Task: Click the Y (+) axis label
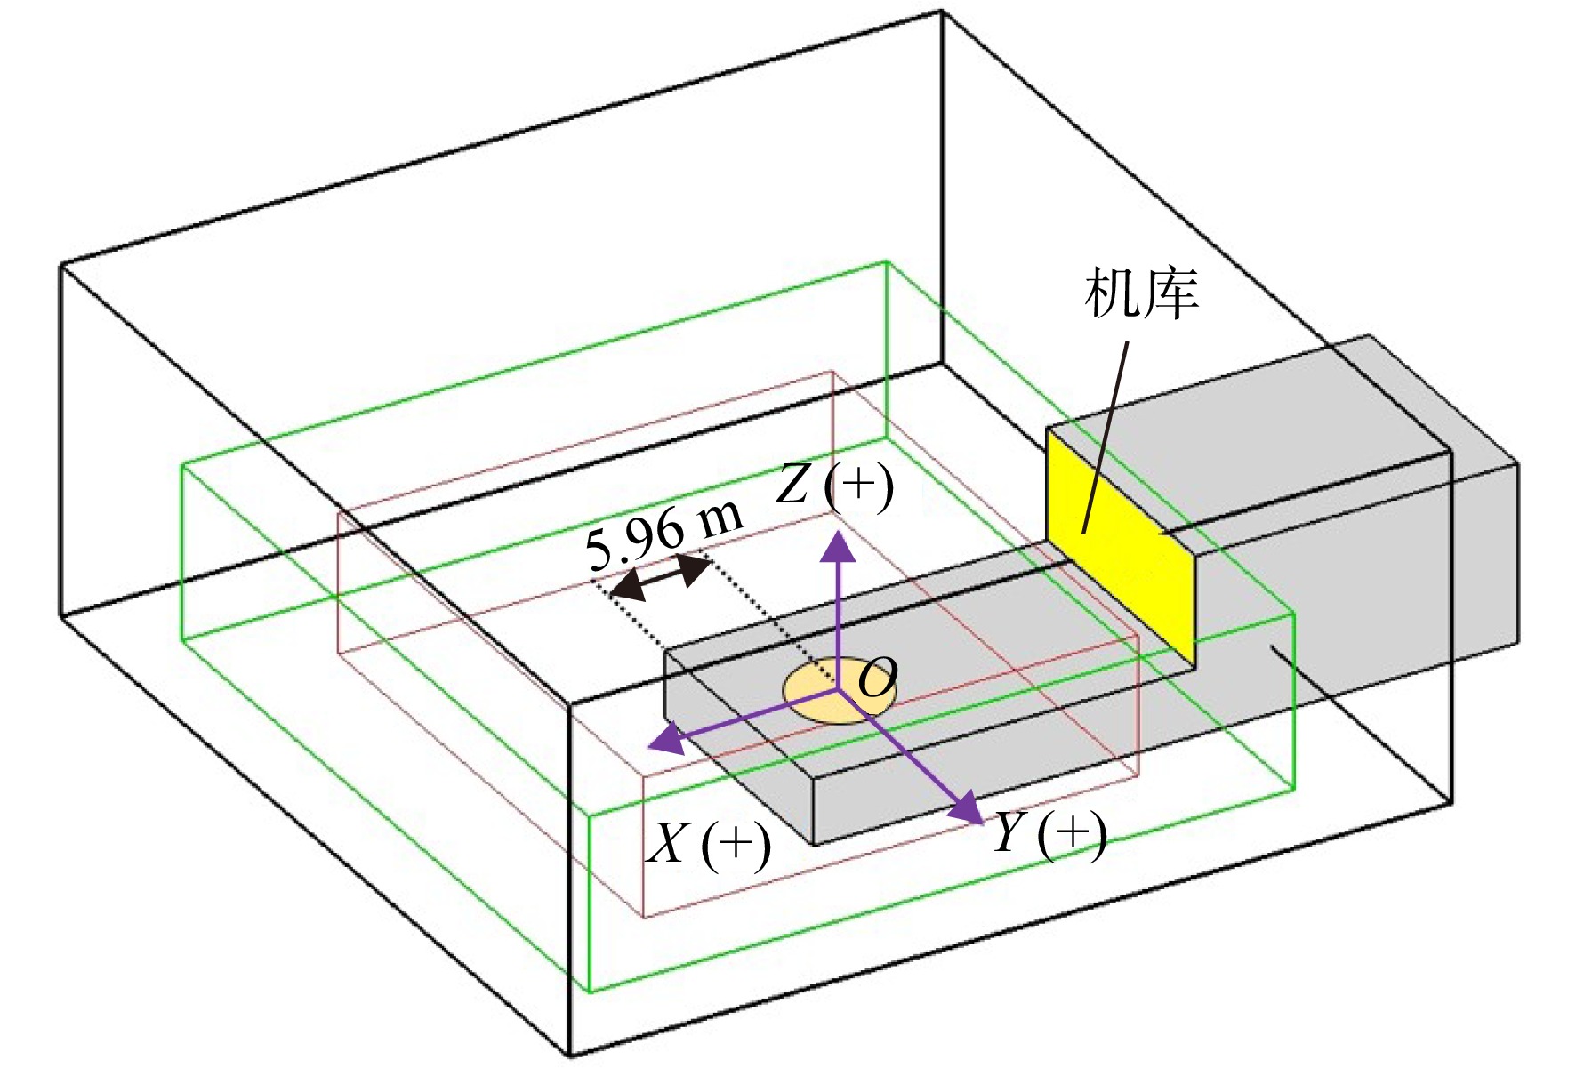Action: point(1049,834)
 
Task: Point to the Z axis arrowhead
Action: point(837,546)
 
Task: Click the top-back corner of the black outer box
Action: point(941,11)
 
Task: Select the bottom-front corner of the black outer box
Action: point(570,1056)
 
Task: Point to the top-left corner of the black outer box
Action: point(60,264)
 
